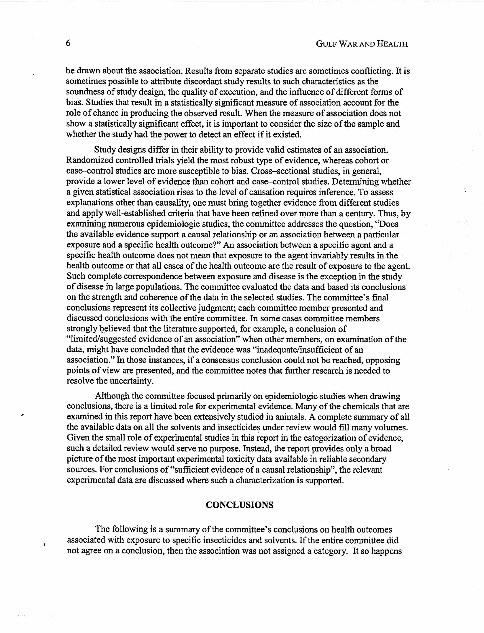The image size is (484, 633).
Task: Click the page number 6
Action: [68, 43]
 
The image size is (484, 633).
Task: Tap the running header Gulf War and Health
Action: [362, 44]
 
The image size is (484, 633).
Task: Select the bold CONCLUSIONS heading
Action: [239, 505]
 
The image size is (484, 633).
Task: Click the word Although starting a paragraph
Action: [112, 396]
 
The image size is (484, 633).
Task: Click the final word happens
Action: [386, 551]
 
